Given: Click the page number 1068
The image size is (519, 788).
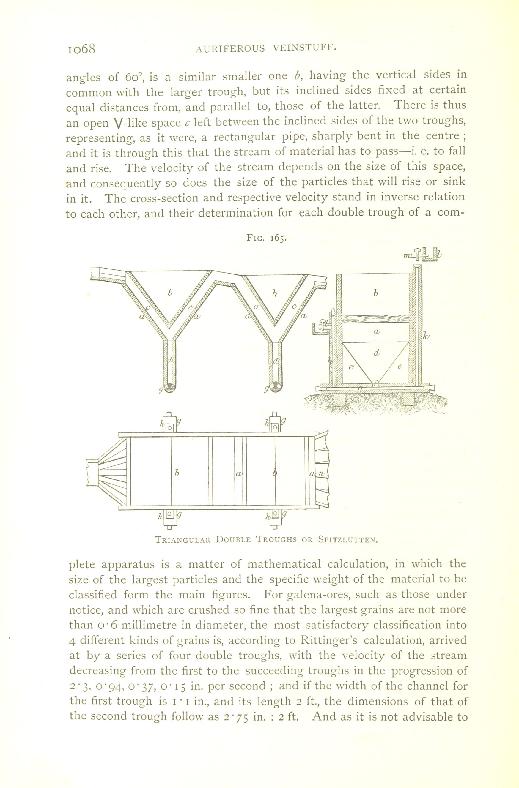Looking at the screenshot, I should point(81,49).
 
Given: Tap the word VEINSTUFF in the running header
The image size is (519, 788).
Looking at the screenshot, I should point(305,48).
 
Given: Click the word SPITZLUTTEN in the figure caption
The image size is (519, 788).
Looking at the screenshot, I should point(348,539).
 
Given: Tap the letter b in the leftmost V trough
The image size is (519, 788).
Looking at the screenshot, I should point(170,293).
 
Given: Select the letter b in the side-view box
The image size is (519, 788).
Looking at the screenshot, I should point(376,293).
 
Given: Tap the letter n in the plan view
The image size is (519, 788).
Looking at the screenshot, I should point(321,474).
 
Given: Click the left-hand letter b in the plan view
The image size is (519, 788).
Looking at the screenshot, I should point(176,473).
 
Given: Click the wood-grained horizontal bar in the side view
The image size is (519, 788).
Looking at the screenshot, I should point(375,319).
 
